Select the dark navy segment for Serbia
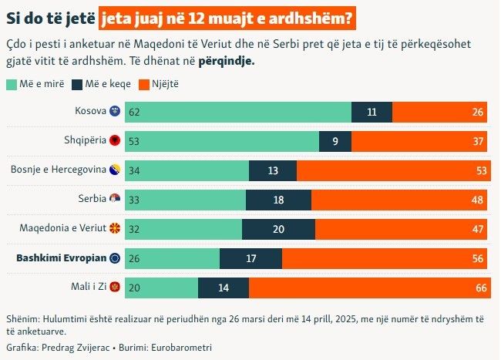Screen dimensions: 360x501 click(x=278, y=200)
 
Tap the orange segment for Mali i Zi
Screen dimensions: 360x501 click(x=368, y=288)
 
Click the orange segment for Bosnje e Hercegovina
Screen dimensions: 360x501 click(x=392, y=170)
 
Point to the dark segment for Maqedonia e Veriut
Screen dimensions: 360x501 click(x=278, y=229)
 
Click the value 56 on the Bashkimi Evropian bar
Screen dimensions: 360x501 click(x=479, y=258)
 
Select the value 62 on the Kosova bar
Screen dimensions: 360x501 click(x=134, y=112)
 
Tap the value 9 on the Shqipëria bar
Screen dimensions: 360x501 click(x=335, y=141)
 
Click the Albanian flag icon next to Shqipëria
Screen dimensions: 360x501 click(x=116, y=140)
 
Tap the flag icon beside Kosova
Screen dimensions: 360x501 click(x=116, y=111)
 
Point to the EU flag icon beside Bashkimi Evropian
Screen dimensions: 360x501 click(x=116, y=258)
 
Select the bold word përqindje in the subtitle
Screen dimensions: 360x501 click(x=225, y=59)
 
